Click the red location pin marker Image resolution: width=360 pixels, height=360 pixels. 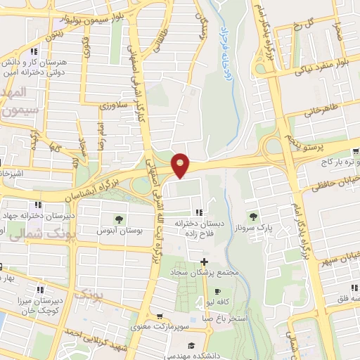click(x=181, y=165)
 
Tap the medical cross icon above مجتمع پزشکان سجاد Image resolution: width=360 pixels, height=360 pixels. click(x=203, y=262)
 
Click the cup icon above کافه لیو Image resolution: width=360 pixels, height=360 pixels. click(x=217, y=291)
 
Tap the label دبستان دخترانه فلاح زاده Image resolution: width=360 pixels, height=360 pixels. click(x=200, y=229)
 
